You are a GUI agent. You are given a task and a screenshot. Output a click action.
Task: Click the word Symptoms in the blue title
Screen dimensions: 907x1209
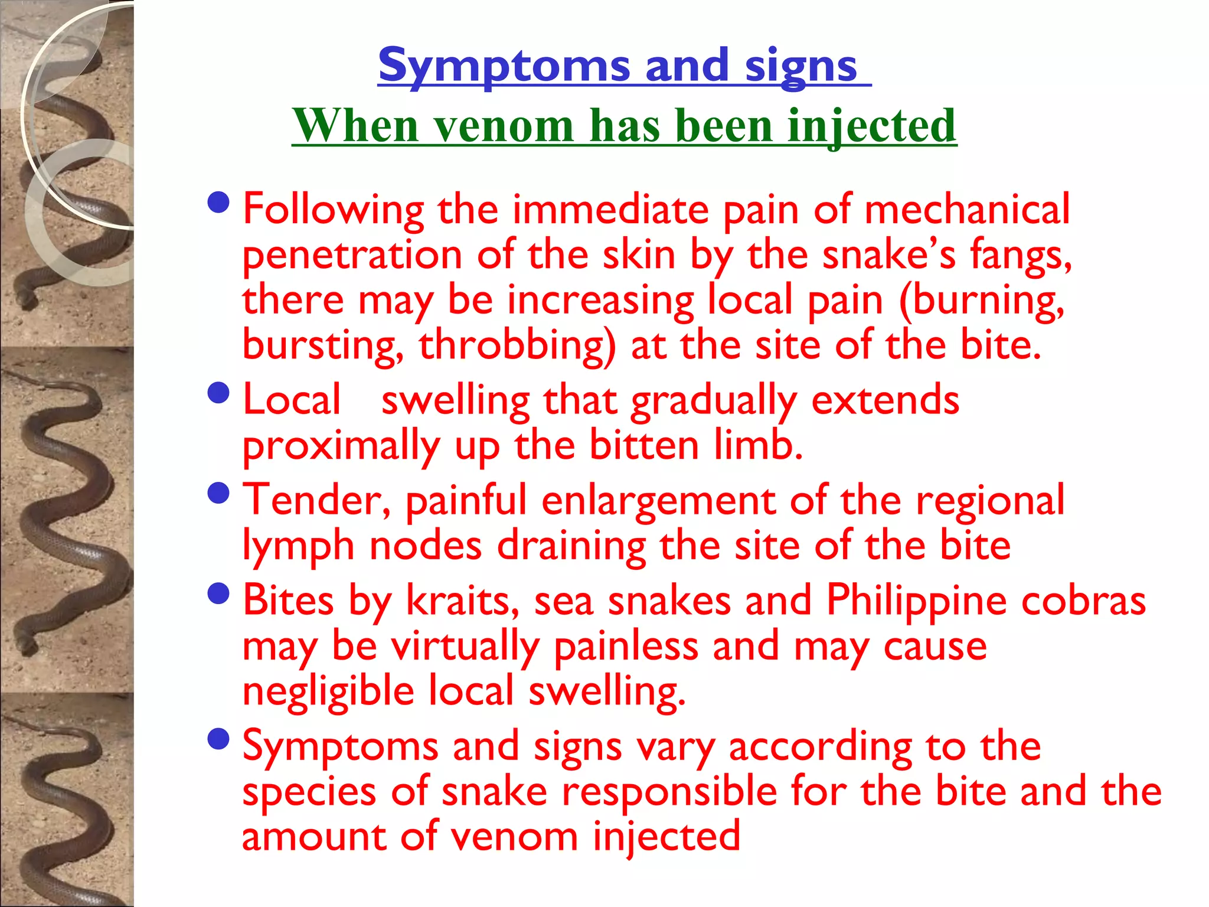click(x=504, y=66)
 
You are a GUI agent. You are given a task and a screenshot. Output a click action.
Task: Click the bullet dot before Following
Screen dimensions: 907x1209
click(x=219, y=203)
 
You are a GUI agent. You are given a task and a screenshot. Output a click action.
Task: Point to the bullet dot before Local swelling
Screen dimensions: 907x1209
click(x=219, y=393)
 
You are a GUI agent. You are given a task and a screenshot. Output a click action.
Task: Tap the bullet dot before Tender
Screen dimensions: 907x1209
click(x=219, y=493)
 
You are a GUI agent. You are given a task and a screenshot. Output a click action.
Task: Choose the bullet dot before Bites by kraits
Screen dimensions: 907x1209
click(x=219, y=593)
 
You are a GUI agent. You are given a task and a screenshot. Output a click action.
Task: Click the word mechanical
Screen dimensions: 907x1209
click(x=967, y=209)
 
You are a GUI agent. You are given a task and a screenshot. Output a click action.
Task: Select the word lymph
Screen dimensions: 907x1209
click(x=299, y=547)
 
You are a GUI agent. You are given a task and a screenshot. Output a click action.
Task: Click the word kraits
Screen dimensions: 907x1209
click(x=462, y=601)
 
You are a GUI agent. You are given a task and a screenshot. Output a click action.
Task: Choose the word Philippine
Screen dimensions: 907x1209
click(x=916, y=601)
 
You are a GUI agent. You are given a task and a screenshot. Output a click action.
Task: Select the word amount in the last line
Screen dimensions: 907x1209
click(x=314, y=837)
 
